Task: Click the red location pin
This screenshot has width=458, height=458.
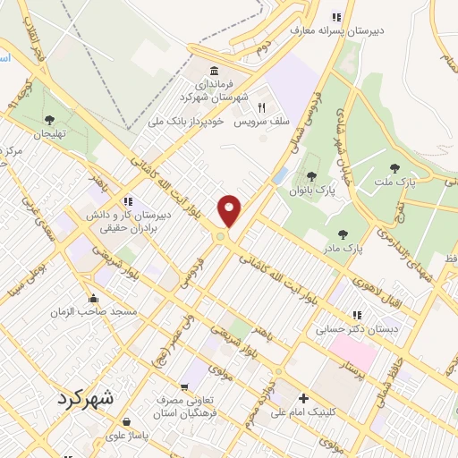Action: (230, 210)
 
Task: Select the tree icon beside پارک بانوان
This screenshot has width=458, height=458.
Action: (311, 176)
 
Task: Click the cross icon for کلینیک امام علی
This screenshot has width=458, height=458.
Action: (303, 398)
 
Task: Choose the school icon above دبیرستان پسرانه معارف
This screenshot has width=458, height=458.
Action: (336, 16)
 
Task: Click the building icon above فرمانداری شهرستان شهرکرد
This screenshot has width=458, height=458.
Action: (214, 72)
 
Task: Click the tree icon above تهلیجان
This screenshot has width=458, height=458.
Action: (49, 119)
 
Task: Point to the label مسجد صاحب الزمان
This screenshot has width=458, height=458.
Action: (98, 311)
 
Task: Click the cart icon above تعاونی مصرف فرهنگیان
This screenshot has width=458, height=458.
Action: (184, 388)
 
